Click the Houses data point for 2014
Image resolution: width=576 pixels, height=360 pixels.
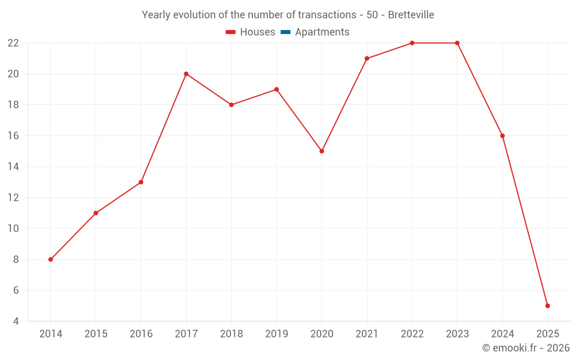click(51, 259)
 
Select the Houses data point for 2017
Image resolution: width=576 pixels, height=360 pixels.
click(186, 74)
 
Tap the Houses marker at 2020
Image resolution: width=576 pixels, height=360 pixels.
click(321, 151)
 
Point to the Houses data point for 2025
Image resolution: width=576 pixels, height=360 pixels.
click(547, 306)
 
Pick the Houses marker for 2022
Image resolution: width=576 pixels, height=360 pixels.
click(412, 43)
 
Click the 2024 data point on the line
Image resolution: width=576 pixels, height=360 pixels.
click(502, 136)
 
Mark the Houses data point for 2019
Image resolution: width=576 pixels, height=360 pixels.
click(276, 89)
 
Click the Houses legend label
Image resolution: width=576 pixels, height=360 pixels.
click(257, 32)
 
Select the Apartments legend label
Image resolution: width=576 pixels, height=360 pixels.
click(322, 32)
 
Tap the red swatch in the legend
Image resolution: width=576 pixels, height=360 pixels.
click(230, 32)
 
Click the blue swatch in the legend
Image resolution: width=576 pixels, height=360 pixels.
click(285, 32)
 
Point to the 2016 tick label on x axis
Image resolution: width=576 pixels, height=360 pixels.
click(141, 334)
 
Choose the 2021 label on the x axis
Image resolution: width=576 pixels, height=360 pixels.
click(367, 334)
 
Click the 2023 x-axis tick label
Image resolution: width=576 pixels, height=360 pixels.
click(457, 334)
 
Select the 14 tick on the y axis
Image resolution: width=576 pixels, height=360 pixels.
click(13, 167)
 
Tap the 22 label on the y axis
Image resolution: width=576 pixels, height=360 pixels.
click(13, 43)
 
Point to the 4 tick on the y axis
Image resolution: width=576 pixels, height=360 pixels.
click(16, 321)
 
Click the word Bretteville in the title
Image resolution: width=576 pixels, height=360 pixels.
click(411, 15)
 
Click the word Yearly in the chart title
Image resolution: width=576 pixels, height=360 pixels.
click(156, 15)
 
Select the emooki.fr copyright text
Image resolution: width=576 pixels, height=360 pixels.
click(525, 348)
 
